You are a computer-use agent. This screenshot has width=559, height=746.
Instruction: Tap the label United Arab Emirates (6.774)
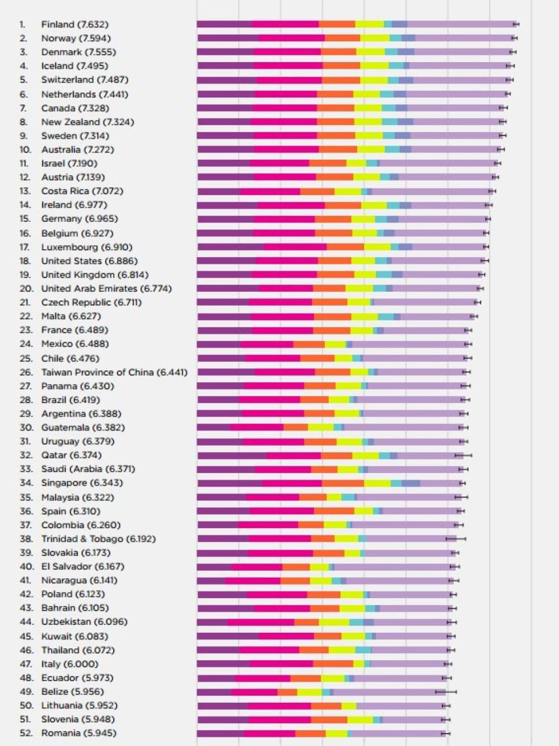[90, 288]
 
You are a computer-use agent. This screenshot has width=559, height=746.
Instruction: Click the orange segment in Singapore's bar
[343, 483]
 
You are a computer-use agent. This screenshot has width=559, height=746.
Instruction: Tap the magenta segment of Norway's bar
[288, 38]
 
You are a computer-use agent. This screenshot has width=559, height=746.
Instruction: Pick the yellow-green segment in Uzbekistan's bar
[333, 622]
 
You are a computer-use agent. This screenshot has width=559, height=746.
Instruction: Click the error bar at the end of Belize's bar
[446, 692]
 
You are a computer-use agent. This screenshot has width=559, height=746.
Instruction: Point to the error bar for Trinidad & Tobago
[456, 539]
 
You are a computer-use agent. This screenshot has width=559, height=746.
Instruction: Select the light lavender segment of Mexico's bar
[409, 344]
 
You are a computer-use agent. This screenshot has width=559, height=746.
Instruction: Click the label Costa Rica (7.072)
[82, 191]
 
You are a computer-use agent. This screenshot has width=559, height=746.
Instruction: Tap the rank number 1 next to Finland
[22, 24]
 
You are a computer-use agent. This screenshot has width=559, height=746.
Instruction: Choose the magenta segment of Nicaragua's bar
[253, 580]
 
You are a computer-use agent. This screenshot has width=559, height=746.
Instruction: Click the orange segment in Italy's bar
[333, 664]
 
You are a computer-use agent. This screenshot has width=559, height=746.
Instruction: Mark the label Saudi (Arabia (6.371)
[82, 469]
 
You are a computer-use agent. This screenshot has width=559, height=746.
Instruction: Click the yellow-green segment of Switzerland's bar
[373, 80]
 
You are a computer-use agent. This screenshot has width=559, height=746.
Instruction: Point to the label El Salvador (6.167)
[82, 566]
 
